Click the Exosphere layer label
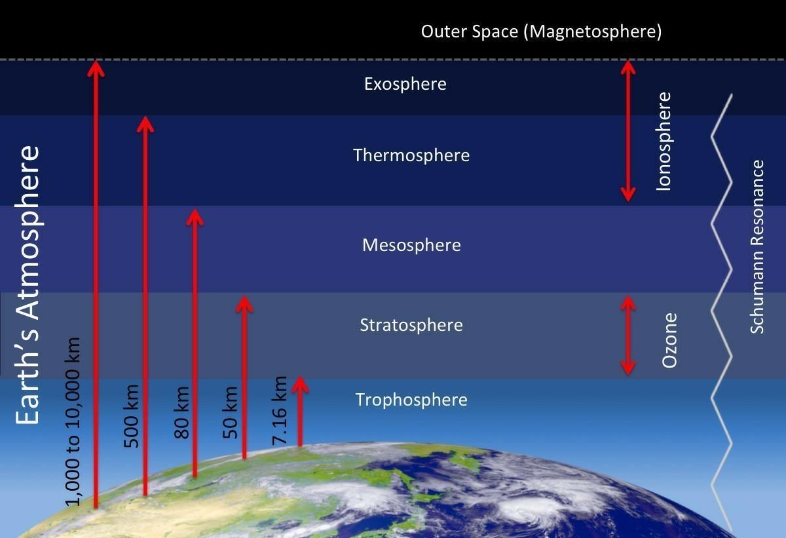click(x=405, y=85)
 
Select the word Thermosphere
click(x=411, y=155)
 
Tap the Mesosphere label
click(x=411, y=245)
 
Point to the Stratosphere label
click(x=411, y=325)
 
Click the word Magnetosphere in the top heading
click(x=593, y=31)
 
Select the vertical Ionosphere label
click(x=664, y=142)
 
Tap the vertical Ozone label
click(x=669, y=340)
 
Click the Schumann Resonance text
click(x=757, y=246)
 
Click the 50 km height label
click(x=231, y=412)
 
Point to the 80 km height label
click(x=182, y=413)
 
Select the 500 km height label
click(x=132, y=416)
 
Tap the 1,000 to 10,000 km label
click(x=73, y=421)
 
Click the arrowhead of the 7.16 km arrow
click(x=300, y=384)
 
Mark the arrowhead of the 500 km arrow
click(x=145, y=125)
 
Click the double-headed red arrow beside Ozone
click(x=627, y=336)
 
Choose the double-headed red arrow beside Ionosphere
click(x=627, y=131)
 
